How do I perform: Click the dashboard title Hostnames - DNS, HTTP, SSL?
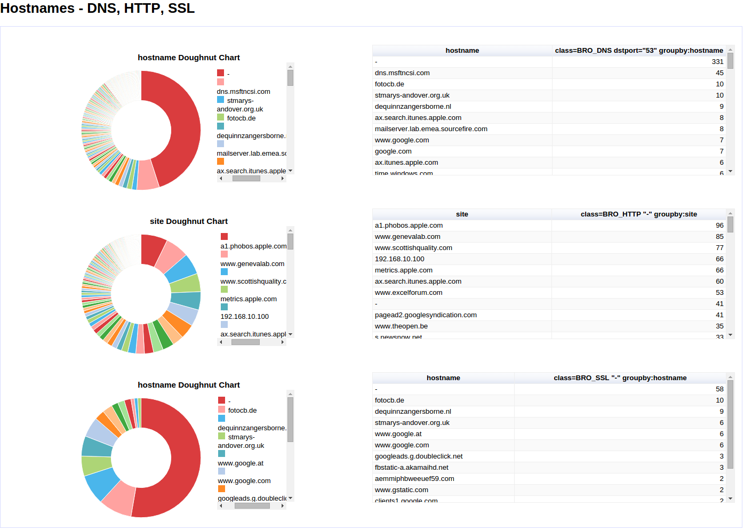pyautogui.click(x=97, y=9)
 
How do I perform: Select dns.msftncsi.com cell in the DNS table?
pyautogui.click(x=402, y=73)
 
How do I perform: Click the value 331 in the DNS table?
pyautogui.click(x=717, y=62)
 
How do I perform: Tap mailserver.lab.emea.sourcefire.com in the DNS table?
pyautogui.click(x=431, y=129)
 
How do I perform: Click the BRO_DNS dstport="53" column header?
pyautogui.click(x=638, y=51)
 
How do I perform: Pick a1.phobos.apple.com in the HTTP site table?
pyautogui.click(x=409, y=226)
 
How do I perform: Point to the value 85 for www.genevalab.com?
pyautogui.click(x=719, y=237)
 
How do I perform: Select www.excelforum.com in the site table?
pyautogui.click(x=409, y=293)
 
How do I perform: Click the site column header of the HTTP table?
pyautogui.click(x=462, y=214)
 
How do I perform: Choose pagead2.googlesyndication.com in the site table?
pyautogui.click(x=426, y=315)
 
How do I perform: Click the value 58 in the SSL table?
pyautogui.click(x=719, y=389)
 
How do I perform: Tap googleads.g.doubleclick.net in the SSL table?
pyautogui.click(x=419, y=456)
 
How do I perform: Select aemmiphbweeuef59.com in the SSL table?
pyautogui.click(x=414, y=479)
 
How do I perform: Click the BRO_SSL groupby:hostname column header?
pyautogui.click(x=620, y=378)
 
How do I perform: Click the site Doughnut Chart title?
pyautogui.click(x=188, y=221)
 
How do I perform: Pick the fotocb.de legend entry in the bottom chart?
pyautogui.click(x=242, y=411)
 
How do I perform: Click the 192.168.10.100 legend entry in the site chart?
pyautogui.click(x=244, y=317)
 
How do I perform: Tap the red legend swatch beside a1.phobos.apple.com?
pyautogui.click(x=224, y=237)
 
